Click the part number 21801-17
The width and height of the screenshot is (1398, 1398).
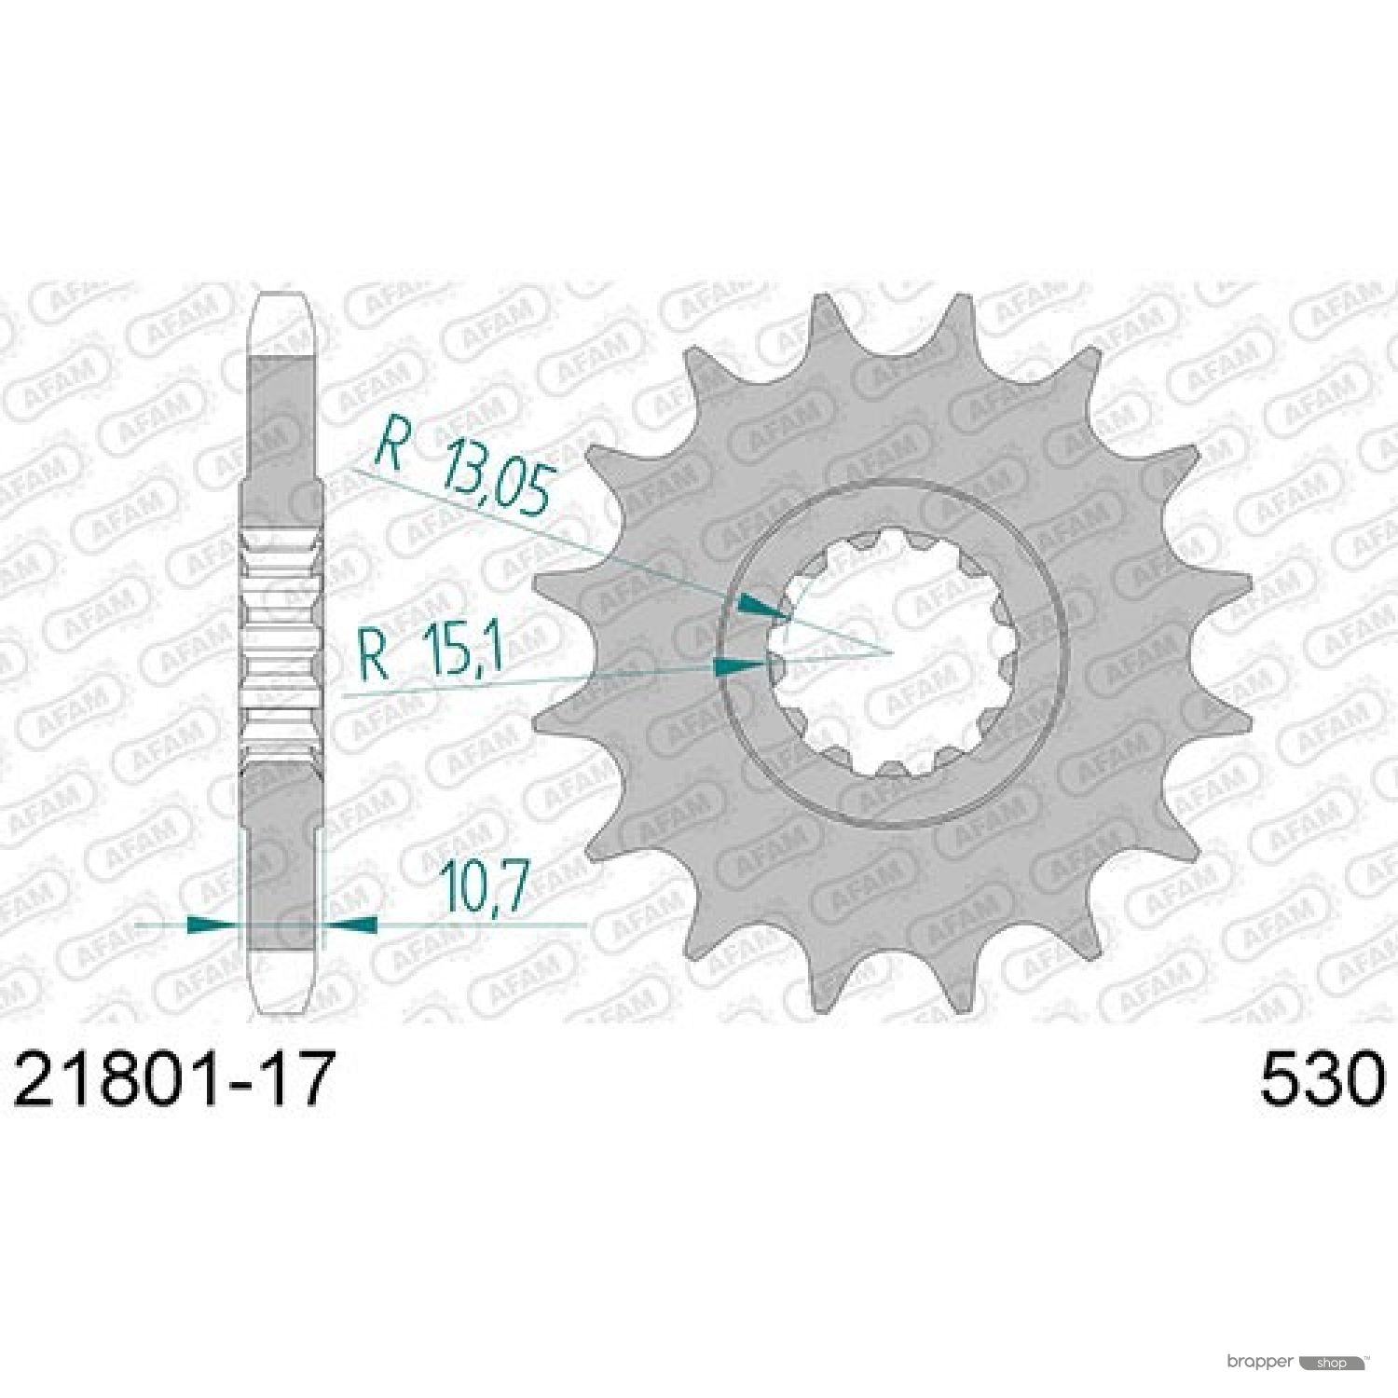point(173,1079)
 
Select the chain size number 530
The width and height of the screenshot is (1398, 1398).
point(1323,1079)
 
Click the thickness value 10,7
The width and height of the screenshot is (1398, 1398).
point(485,887)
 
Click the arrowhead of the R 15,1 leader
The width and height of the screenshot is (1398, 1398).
point(741,665)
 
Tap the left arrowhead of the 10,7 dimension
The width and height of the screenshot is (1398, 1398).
point(213,925)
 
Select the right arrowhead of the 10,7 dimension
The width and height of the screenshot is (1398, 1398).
point(349,925)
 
